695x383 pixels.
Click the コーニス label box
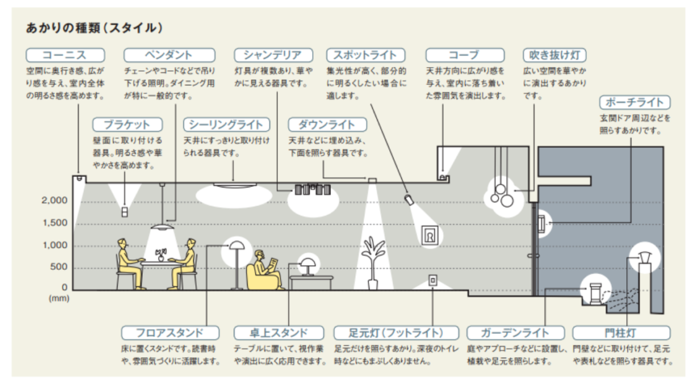pyautogui.click(x=66, y=55)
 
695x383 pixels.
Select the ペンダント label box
pyautogui.click(x=169, y=55)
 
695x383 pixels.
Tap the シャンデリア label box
pyautogui.click(x=274, y=55)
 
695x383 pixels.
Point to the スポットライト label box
pyautogui.click(x=366, y=55)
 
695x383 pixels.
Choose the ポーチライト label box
pyautogui.click(x=635, y=102)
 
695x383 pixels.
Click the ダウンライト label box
pyautogui.click(x=327, y=125)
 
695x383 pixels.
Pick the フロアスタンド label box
pyautogui.click(x=170, y=333)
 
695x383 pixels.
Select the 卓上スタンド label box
pyautogui.click(x=279, y=333)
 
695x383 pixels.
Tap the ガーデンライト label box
pyautogui.click(x=516, y=333)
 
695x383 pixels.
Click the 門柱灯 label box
pyautogui.click(x=622, y=333)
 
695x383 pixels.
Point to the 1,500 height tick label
pyautogui.click(x=55, y=222)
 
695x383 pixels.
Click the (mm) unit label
pyautogui.click(x=59, y=298)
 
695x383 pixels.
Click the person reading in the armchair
pyautogui.click(x=267, y=271)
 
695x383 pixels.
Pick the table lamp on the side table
pyautogui.click(x=307, y=266)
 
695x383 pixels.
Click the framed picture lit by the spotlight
pyautogui.click(x=430, y=235)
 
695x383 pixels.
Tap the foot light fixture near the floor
pyautogui.click(x=433, y=281)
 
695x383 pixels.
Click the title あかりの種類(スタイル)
pyautogui.click(x=94, y=28)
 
